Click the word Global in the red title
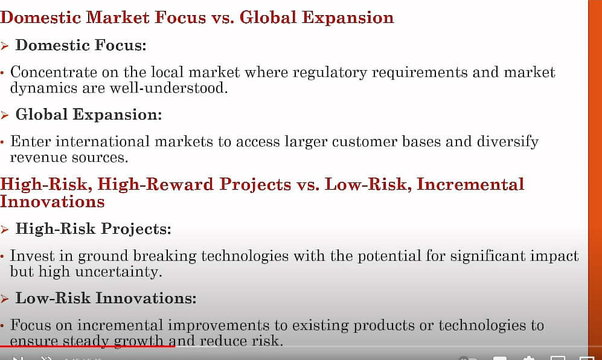tap(268, 18)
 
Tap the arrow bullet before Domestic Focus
tap(5, 46)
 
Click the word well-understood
tap(169, 88)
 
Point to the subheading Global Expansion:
tap(89, 115)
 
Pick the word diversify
tap(508, 142)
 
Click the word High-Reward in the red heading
tap(156, 184)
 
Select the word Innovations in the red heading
tap(52, 202)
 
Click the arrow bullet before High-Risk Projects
tap(5, 230)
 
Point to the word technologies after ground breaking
tap(245, 256)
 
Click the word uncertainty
tap(118, 272)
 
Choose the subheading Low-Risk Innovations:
tap(106, 298)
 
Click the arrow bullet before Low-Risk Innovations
tap(5, 299)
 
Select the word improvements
tap(219, 326)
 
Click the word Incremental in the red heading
tap(471, 184)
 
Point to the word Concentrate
tap(54, 72)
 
